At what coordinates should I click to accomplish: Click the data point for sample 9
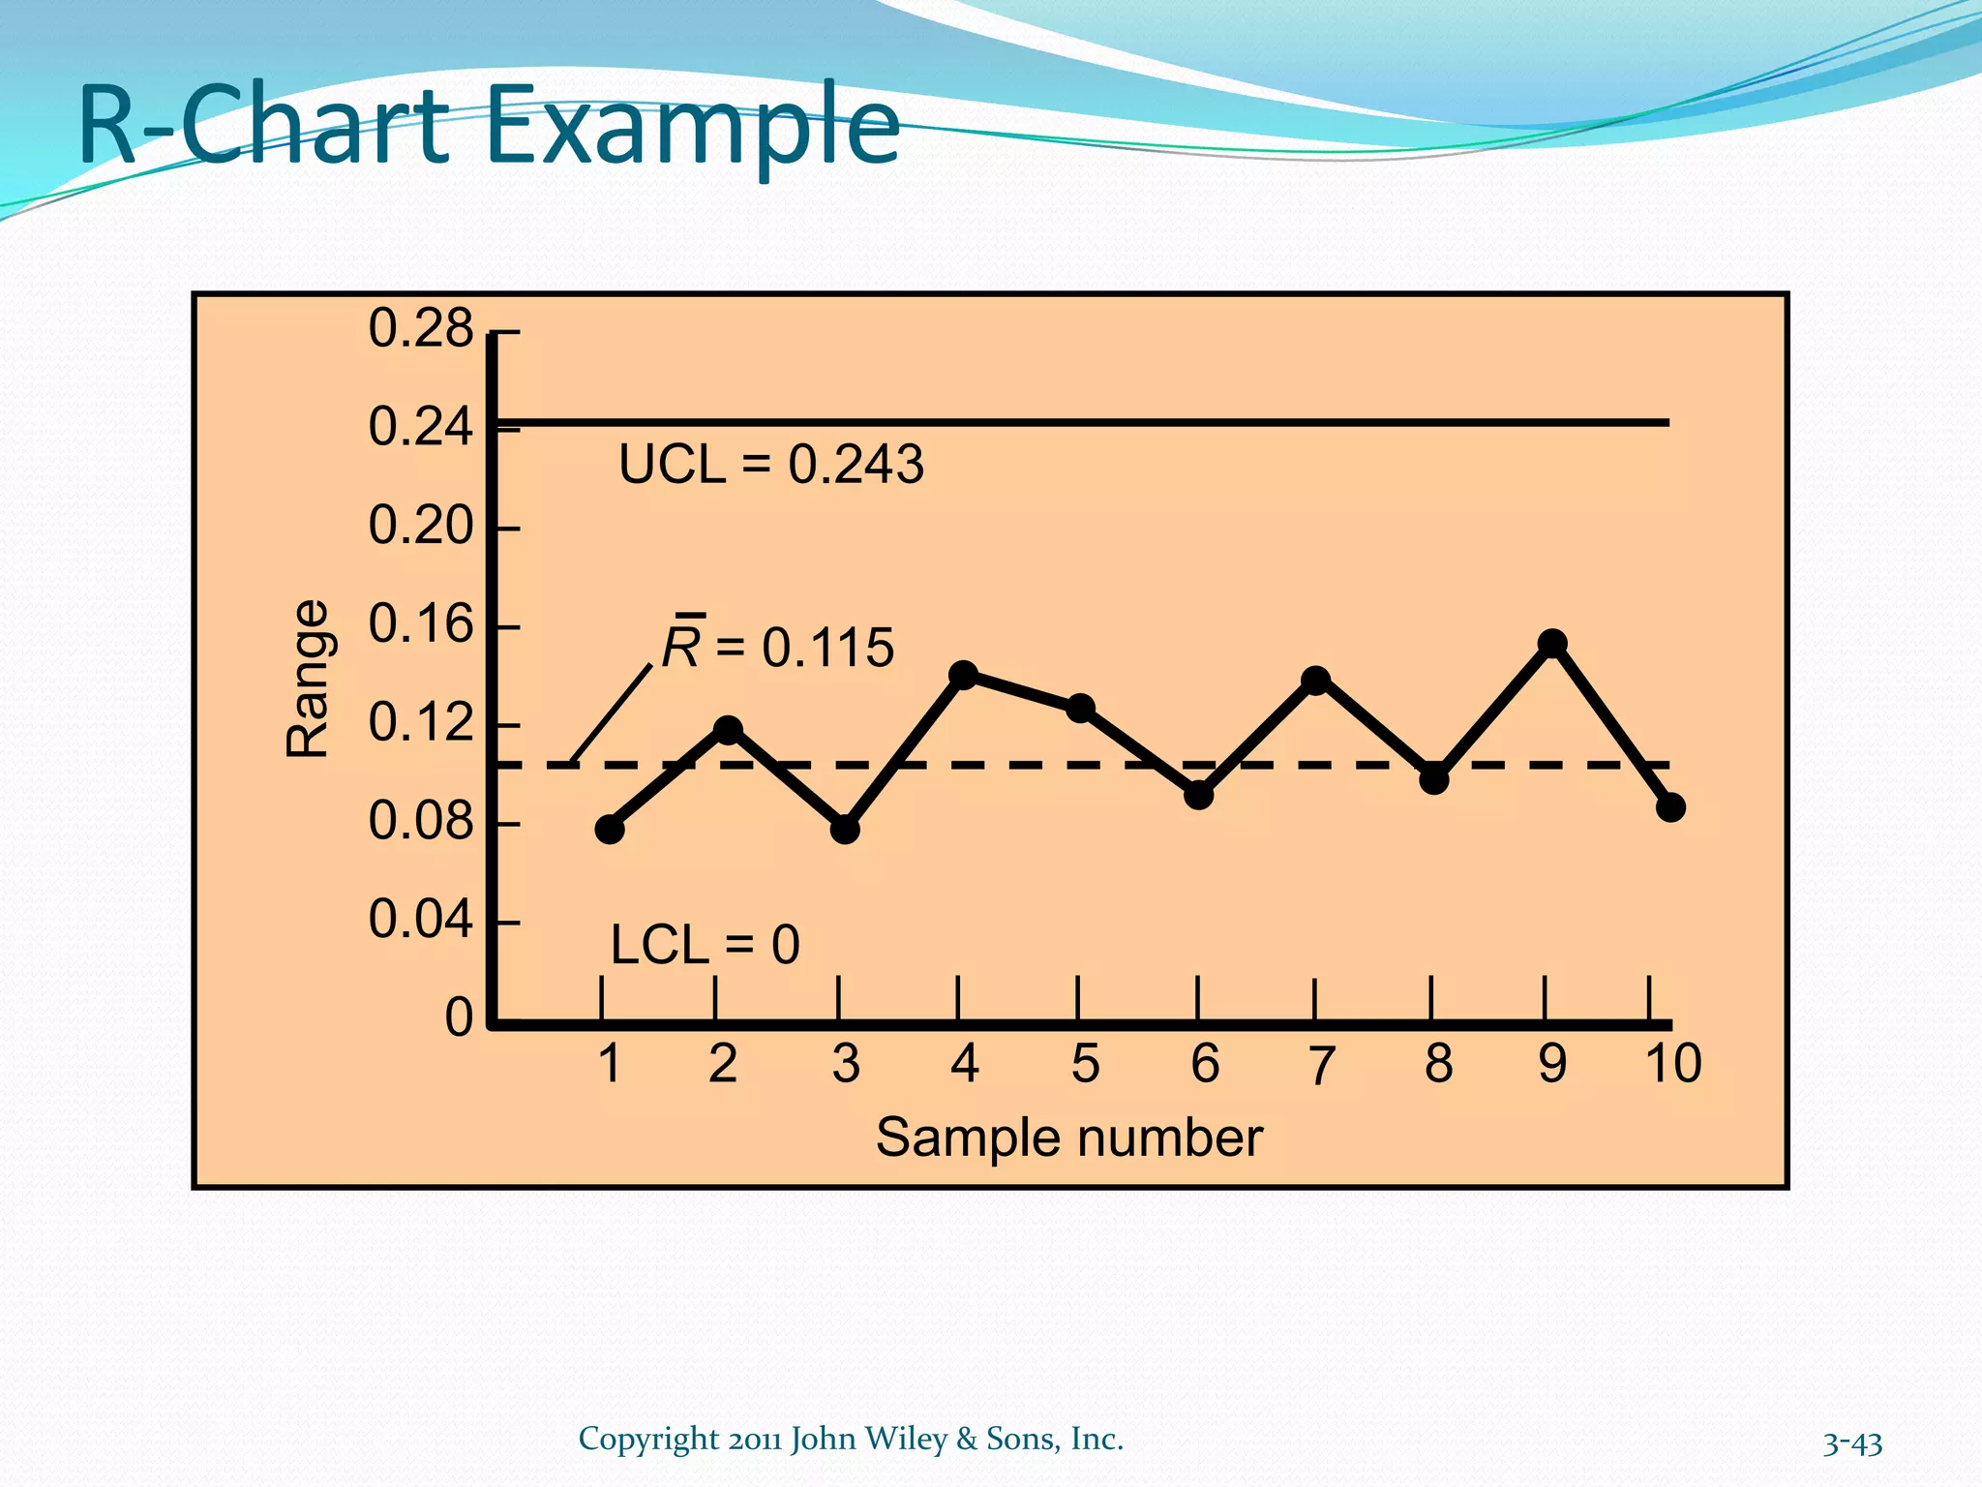tap(1552, 644)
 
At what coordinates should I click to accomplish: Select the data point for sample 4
tap(963, 675)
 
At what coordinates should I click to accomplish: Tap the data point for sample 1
tap(610, 829)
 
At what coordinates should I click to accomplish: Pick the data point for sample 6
tap(1199, 795)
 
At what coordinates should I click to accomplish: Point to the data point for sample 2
tap(728, 730)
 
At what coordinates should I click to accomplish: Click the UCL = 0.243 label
tap(771, 465)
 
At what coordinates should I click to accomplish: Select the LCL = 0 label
tap(705, 945)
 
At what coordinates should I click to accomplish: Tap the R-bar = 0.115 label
tap(778, 646)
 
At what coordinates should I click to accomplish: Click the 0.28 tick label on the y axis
tap(420, 329)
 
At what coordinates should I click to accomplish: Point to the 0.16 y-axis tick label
tap(420, 624)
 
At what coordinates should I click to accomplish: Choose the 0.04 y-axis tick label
tap(420, 920)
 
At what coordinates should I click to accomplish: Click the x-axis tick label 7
tap(1321, 1065)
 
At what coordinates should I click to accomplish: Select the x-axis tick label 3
tap(846, 1064)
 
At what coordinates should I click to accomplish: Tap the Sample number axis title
tap(1068, 1138)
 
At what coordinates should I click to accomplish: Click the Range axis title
tap(309, 678)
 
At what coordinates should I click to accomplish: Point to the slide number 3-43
tap(1852, 1443)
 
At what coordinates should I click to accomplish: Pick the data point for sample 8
tap(1434, 778)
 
